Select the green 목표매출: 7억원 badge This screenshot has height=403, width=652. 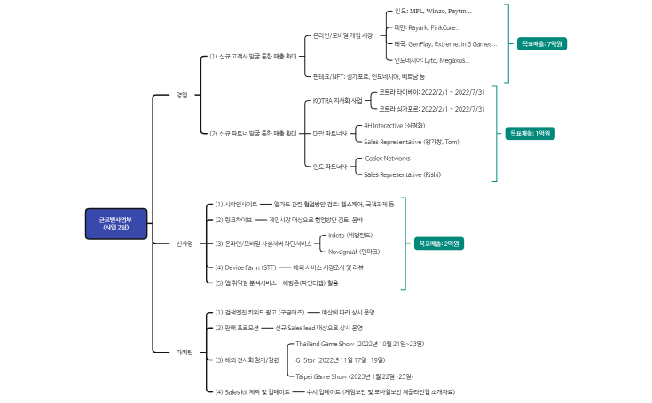tap(542, 43)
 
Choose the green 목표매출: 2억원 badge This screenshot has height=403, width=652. tap(440, 243)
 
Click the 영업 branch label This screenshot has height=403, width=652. tap(182, 95)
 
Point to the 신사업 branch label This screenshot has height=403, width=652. tap(185, 243)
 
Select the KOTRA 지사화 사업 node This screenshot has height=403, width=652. tap(338, 101)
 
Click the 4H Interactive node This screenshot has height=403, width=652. tap(396, 126)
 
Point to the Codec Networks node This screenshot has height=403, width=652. tap(388, 159)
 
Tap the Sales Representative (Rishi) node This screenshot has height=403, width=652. tap(403, 174)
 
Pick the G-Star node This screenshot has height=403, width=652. tap(340, 360)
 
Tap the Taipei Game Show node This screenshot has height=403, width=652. tap(354, 376)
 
